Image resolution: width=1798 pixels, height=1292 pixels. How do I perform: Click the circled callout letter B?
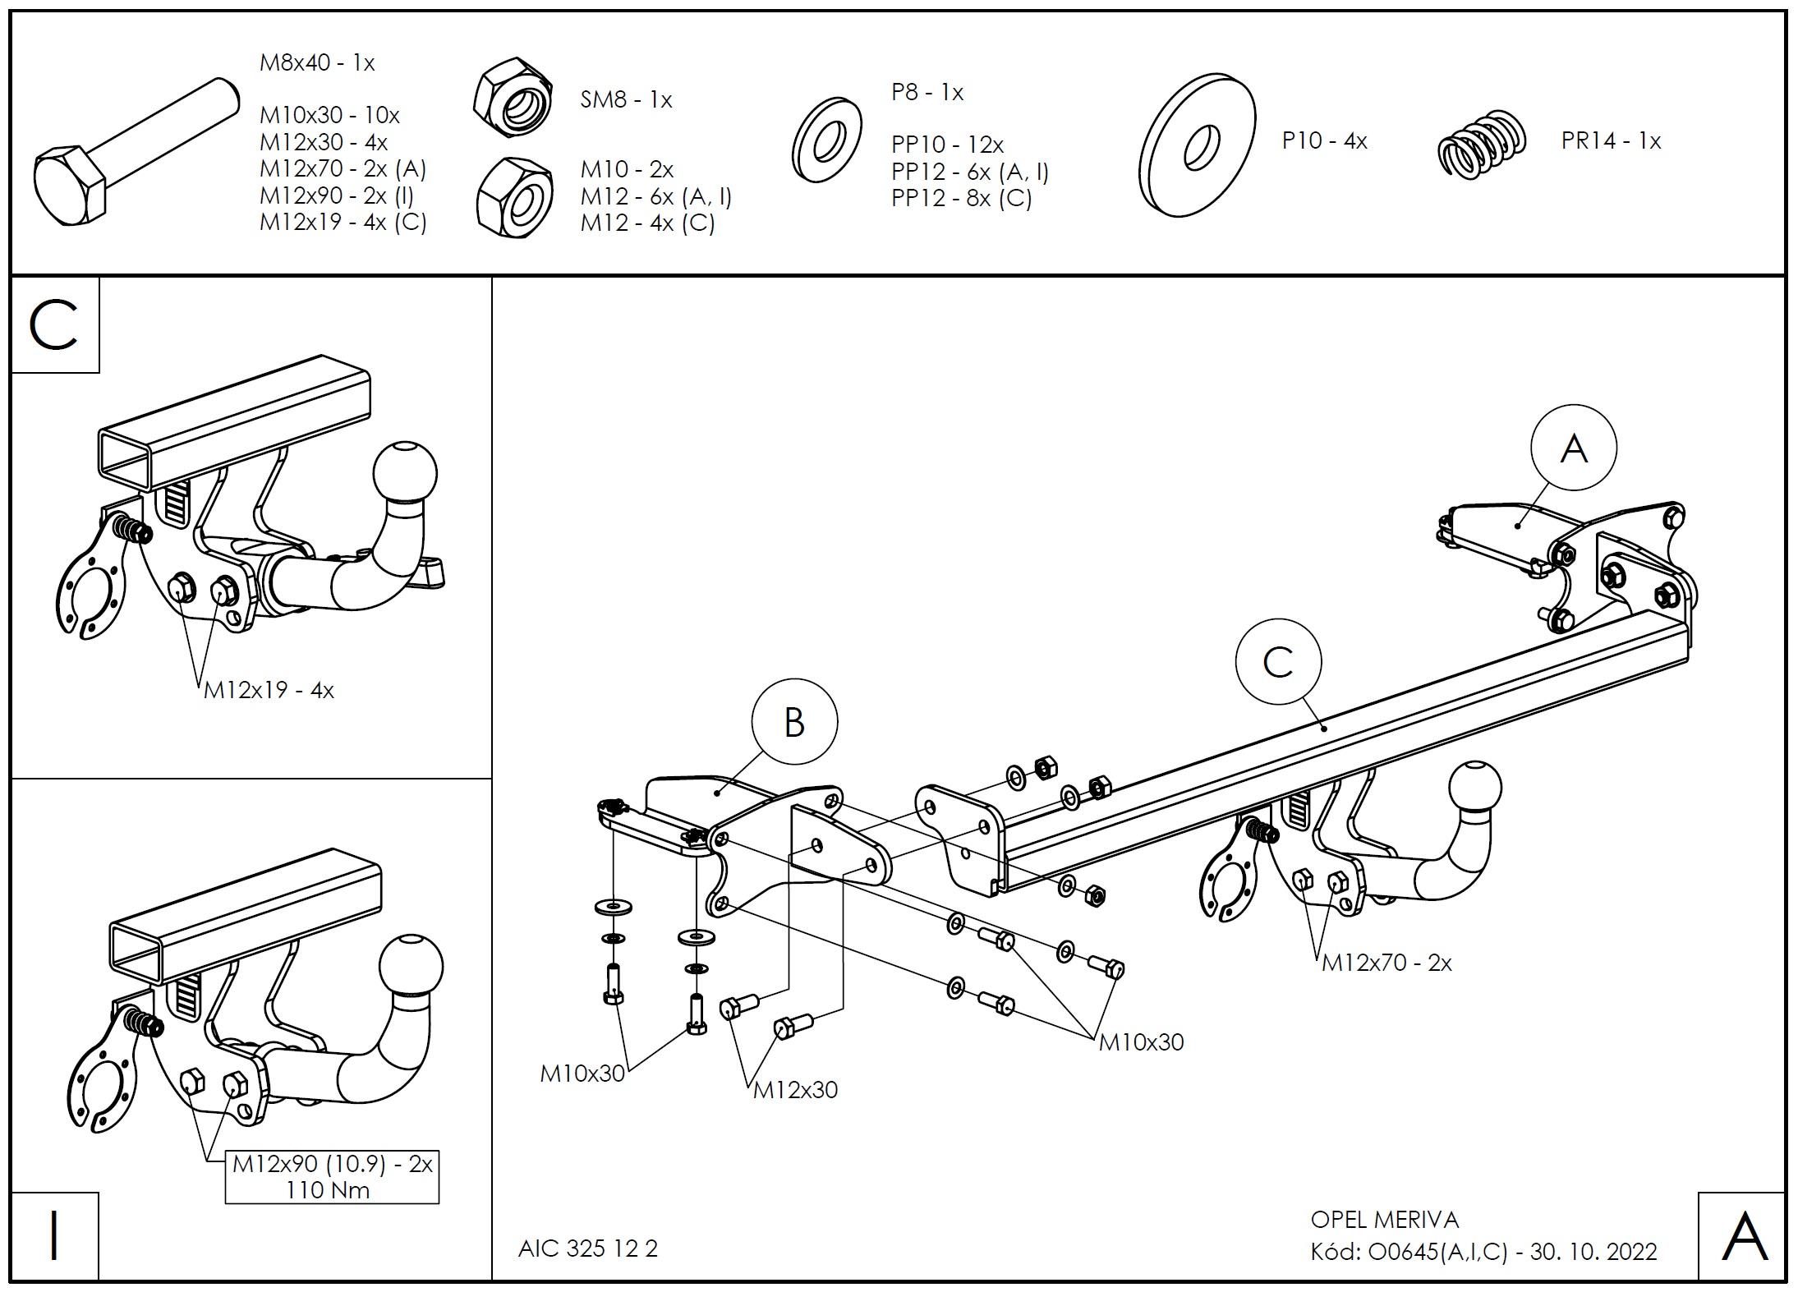click(794, 722)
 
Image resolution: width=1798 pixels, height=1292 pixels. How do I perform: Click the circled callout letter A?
click(1573, 448)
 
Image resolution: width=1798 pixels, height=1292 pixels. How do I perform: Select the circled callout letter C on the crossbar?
click(1278, 662)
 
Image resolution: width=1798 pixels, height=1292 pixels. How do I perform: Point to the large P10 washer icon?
click(1197, 145)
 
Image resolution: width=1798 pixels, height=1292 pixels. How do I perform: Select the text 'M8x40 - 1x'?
click(317, 62)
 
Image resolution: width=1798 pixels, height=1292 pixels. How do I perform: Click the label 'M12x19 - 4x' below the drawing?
click(269, 690)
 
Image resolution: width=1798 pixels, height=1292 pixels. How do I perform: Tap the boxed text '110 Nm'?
click(328, 1189)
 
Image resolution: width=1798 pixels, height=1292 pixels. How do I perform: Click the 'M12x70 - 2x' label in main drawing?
click(1386, 963)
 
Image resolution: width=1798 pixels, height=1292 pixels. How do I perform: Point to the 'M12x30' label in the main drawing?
click(795, 1090)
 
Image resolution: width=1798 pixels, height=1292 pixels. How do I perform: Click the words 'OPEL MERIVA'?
click(1385, 1220)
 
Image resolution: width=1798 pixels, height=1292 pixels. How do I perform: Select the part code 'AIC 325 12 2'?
click(588, 1248)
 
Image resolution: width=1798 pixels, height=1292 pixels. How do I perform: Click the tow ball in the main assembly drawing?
click(1475, 789)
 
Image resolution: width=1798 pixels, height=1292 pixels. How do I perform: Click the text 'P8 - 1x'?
click(927, 92)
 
